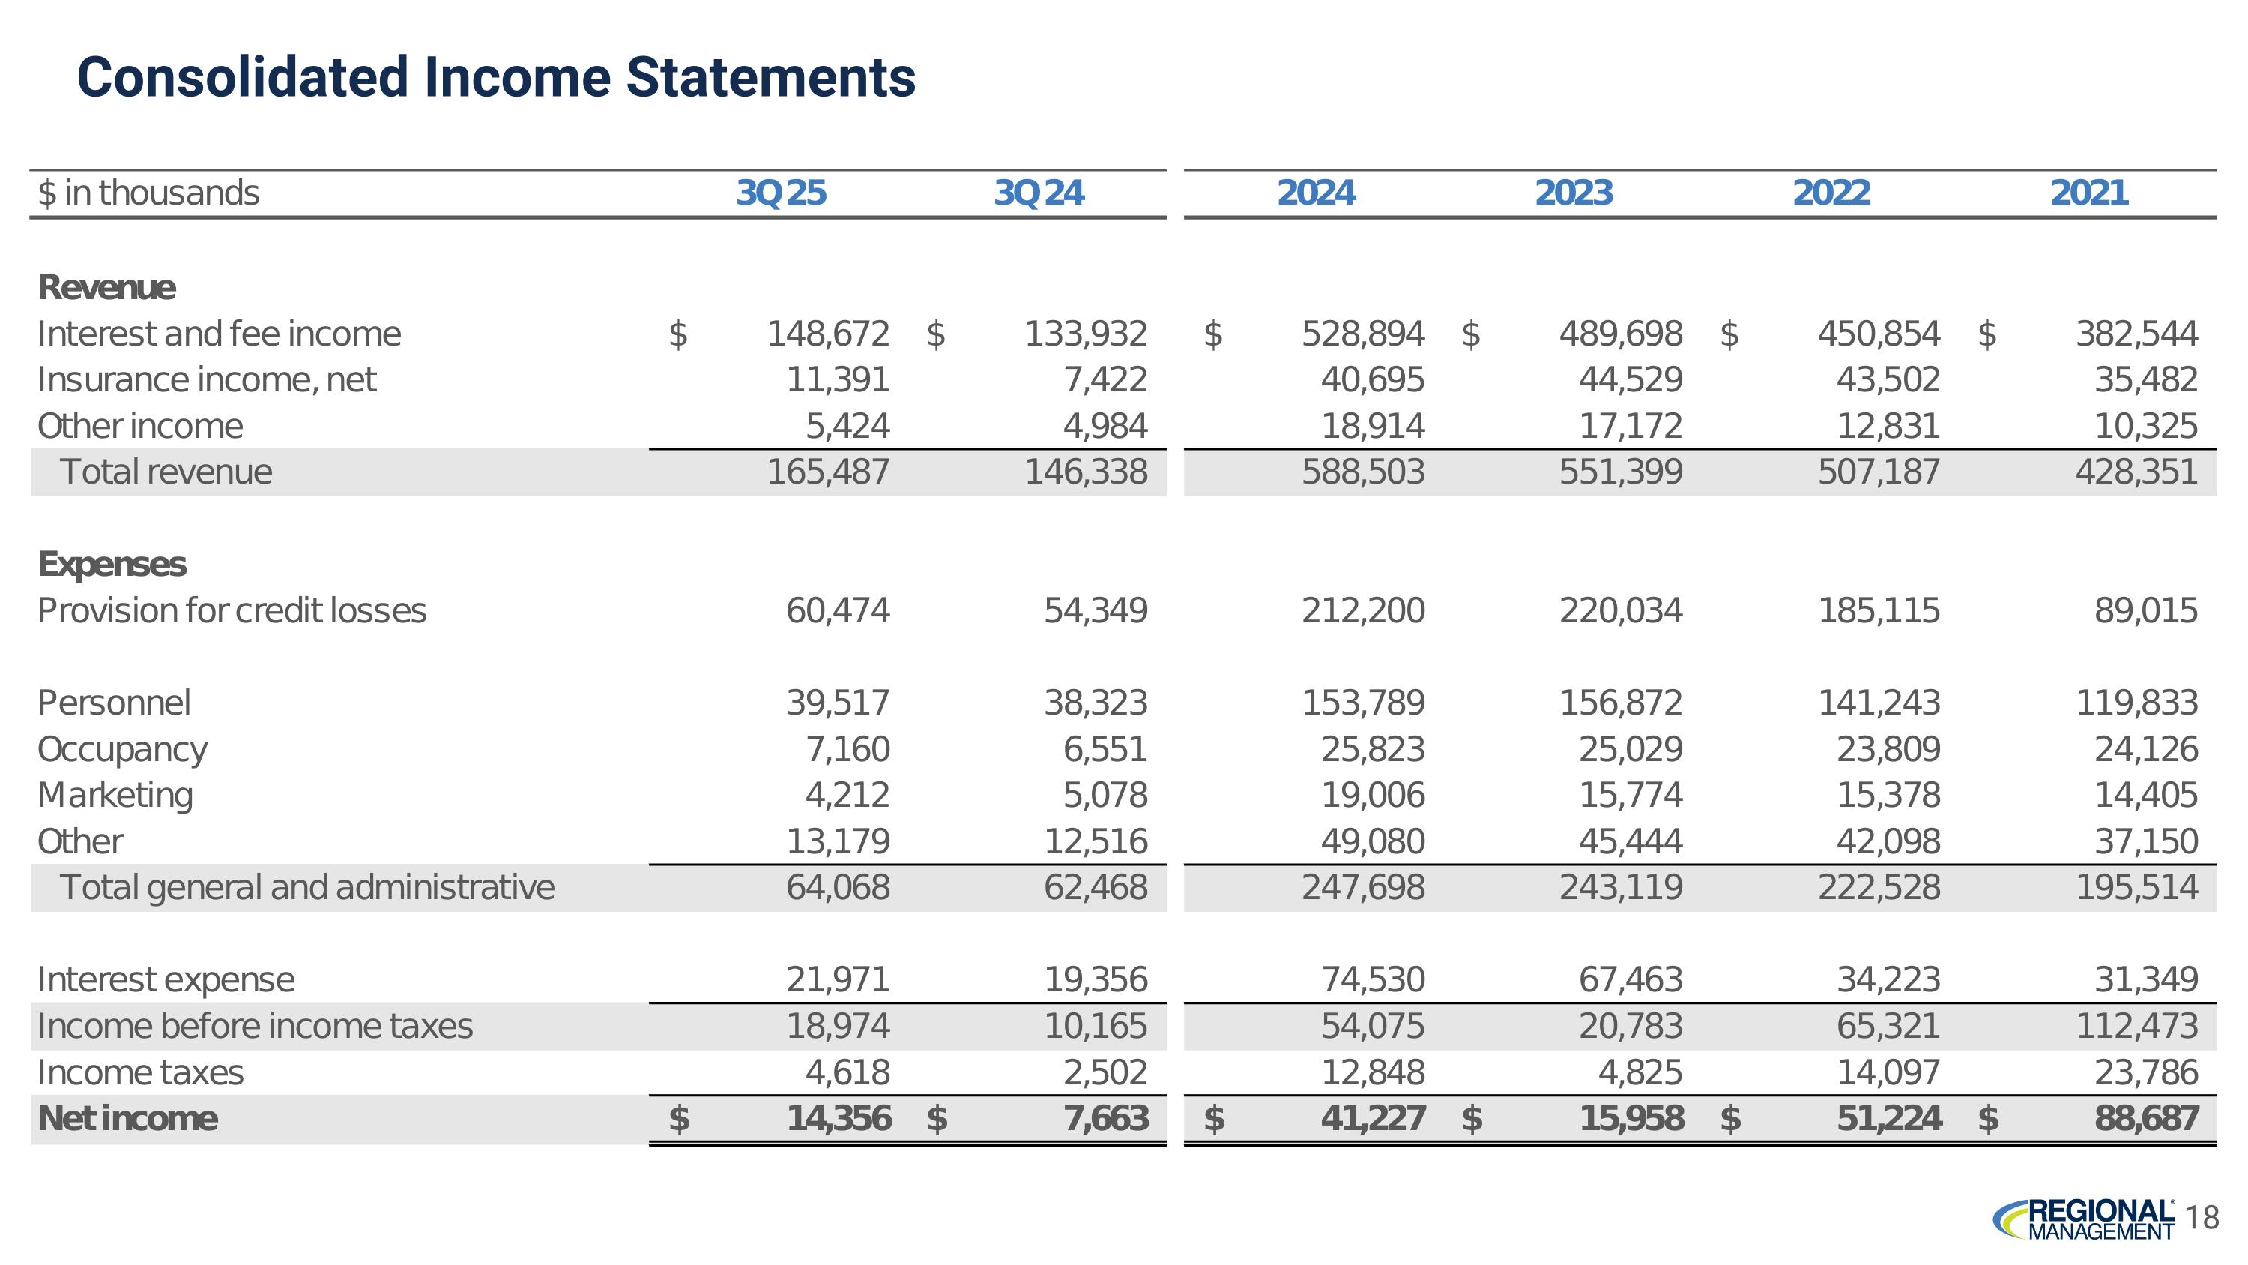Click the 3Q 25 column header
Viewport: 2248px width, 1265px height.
[781, 193]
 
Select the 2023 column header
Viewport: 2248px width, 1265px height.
[1574, 193]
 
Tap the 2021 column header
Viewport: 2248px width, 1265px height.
[2088, 193]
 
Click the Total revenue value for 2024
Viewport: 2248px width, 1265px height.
[1362, 472]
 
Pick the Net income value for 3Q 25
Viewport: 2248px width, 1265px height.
[838, 1118]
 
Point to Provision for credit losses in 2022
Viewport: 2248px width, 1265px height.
[1878, 610]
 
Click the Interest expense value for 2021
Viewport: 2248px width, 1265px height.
[2146, 979]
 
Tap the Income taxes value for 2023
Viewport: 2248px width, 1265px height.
[1640, 1072]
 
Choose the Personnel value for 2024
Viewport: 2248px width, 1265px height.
[1362, 703]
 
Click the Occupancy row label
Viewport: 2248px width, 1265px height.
[122, 749]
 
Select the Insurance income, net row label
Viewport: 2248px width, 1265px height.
[207, 379]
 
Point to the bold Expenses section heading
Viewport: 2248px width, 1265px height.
[112, 564]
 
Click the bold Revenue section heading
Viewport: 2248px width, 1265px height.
[106, 287]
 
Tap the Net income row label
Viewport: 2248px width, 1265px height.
[127, 1118]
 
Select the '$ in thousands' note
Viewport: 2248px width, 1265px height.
[148, 193]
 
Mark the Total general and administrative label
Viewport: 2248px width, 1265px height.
[307, 887]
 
